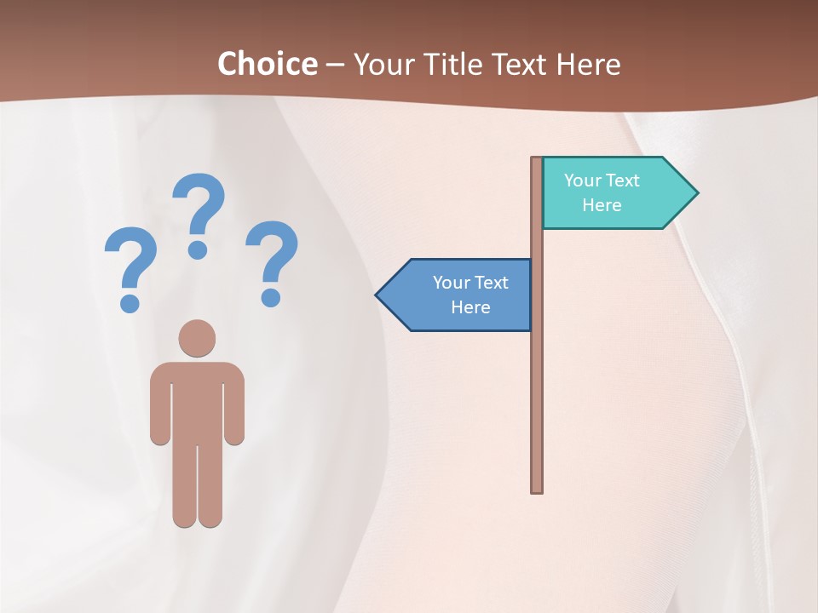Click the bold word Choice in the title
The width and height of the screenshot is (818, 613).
point(267,65)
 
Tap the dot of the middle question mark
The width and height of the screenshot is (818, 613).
point(198,249)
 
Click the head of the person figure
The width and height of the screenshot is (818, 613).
point(197,338)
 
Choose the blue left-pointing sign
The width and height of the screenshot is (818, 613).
point(460,295)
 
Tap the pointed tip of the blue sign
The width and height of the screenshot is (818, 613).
point(378,295)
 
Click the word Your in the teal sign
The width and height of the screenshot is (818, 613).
point(583,180)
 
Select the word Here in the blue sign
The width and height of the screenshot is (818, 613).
point(470,307)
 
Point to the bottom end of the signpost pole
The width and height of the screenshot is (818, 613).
point(537,489)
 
